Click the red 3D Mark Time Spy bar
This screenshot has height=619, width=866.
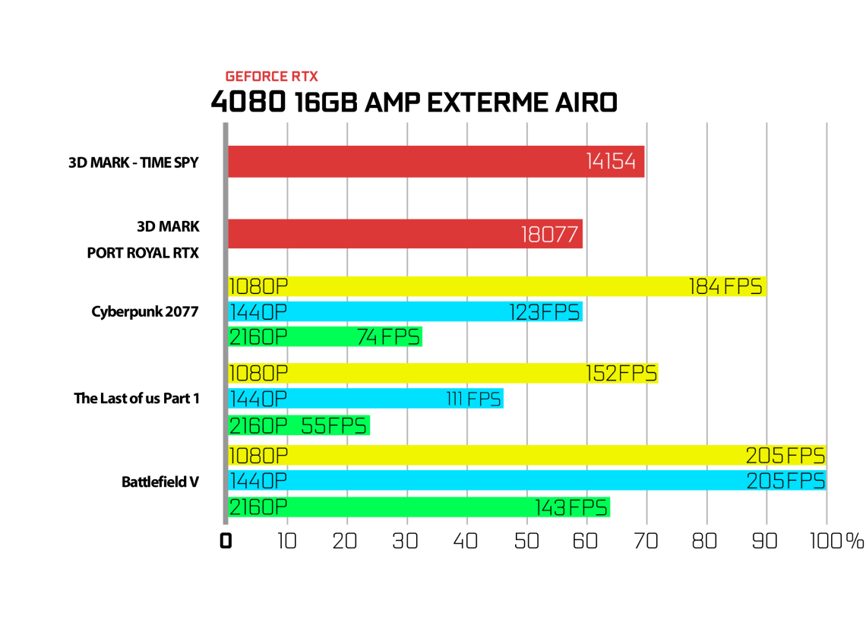pyautogui.click(x=436, y=162)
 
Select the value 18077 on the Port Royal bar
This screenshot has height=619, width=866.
pyautogui.click(x=549, y=235)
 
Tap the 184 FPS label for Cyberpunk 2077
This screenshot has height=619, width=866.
pyautogui.click(x=725, y=286)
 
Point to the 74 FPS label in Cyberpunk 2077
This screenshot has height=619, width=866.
pyautogui.click(x=389, y=336)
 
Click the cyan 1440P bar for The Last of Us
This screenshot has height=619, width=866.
pyautogui.click(x=365, y=399)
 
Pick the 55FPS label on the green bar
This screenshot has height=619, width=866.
pyautogui.click(x=333, y=426)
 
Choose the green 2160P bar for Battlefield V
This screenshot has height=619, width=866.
pyautogui.click(x=419, y=507)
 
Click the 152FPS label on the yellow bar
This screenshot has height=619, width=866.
pyautogui.click(x=621, y=374)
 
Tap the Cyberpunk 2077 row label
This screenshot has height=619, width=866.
pyautogui.click(x=144, y=312)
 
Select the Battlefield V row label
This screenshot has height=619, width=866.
pyautogui.click(x=160, y=482)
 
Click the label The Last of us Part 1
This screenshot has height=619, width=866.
pyautogui.click(x=137, y=398)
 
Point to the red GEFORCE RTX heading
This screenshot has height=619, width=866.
pyautogui.click(x=272, y=76)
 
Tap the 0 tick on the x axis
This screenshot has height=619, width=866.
pyautogui.click(x=226, y=541)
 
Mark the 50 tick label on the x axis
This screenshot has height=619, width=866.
pyautogui.click(x=526, y=541)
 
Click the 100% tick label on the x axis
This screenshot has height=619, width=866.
pyautogui.click(x=836, y=541)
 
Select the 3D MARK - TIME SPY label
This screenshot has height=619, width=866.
pyautogui.click(x=133, y=163)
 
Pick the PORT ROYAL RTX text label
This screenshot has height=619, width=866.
pyautogui.click(x=143, y=253)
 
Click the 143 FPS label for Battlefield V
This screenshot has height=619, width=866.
pyautogui.click(x=571, y=507)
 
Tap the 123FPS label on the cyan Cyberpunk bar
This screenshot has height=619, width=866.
pyautogui.click(x=545, y=312)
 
